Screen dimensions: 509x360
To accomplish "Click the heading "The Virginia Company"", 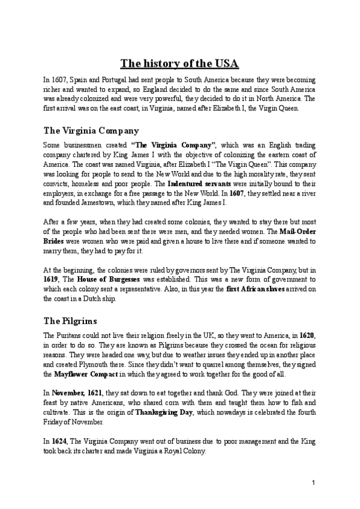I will coord(92,130).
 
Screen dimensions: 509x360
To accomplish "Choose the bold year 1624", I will coord(59,441).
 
